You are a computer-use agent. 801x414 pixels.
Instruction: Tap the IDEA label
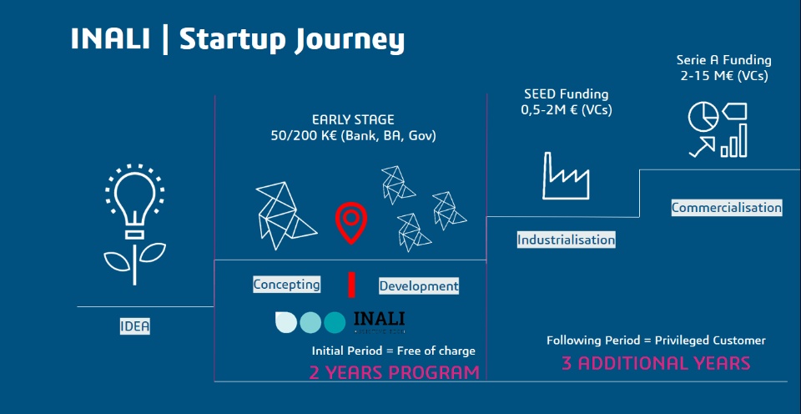click(x=135, y=326)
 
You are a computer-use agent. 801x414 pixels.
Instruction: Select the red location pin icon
click(x=351, y=222)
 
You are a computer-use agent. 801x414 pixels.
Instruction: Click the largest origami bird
click(x=285, y=215)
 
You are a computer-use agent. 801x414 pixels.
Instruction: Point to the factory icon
click(x=566, y=175)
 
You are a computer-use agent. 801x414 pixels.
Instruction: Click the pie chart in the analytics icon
click(x=703, y=117)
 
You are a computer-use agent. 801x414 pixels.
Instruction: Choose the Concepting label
click(x=286, y=284)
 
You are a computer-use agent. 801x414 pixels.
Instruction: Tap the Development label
click(x=419, y=286)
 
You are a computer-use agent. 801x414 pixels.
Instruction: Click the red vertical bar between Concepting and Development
click(x=351, y=285)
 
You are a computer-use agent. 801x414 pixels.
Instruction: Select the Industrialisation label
click(x=566, y=240)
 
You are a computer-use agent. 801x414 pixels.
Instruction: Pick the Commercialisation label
click(x=727, y=208)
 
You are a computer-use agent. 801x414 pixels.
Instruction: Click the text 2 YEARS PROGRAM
click(x=395, y=372)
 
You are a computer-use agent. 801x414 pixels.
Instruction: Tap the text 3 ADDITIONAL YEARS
click(x=656, y=363)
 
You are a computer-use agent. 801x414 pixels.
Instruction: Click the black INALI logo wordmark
click(x=379, y=320)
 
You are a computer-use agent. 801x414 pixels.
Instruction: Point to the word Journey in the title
click(x=350, y=41)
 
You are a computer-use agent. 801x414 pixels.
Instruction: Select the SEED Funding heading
click(x=567, y=94)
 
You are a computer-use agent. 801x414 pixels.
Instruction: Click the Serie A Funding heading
click(x=724, y=60)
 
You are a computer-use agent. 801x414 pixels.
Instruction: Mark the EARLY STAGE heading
click(x=354, y=120)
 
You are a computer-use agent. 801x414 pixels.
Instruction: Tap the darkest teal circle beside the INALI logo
click(x=335, y=322)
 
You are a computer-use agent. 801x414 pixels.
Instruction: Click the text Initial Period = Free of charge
click(x=394, y=351)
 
